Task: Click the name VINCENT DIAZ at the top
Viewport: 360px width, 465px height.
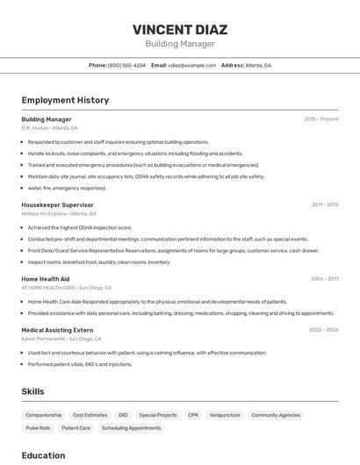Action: point(179,28)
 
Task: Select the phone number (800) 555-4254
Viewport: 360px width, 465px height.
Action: point(126,65)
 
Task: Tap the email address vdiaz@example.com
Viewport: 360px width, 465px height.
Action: point(192,65)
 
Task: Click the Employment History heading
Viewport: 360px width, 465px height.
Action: point(65,100)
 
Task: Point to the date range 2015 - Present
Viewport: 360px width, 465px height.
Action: point(321,119)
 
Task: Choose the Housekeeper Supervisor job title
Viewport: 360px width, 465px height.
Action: point(57,204)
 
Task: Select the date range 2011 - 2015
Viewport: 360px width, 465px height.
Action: point(325,204)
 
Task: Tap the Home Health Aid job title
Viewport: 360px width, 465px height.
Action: point(45,278)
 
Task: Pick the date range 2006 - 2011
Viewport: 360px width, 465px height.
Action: point(325,278)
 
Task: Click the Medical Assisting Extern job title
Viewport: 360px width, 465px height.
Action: point(57,330)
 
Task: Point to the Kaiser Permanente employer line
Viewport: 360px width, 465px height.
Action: point(49,339)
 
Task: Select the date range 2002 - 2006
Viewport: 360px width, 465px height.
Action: point(324,330)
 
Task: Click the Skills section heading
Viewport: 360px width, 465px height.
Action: point(32,391)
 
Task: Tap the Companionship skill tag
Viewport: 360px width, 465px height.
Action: point(44,415)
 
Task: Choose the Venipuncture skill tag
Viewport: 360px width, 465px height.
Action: point(225,415)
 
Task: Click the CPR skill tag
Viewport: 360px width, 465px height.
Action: point(193,415)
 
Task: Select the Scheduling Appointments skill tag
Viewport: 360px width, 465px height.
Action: point(131,428)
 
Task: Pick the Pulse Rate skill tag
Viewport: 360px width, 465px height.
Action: point(38,428)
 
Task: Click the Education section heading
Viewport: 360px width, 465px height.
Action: point(43,455)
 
